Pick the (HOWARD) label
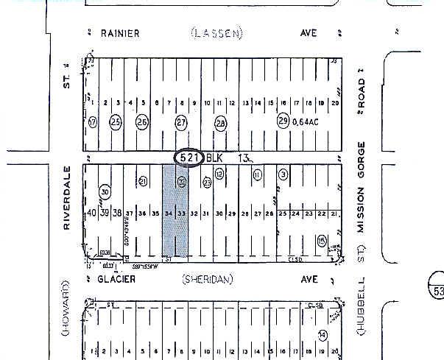coord(66,308)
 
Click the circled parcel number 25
coord(116,121)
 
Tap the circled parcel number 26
coord(142,121)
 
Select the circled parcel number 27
coord(181,121)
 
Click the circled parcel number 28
coord(220,121)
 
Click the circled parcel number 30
coord(105,192)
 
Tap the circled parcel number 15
coord(321,240)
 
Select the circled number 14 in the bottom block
coord(322,335)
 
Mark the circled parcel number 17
coord(93,121)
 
